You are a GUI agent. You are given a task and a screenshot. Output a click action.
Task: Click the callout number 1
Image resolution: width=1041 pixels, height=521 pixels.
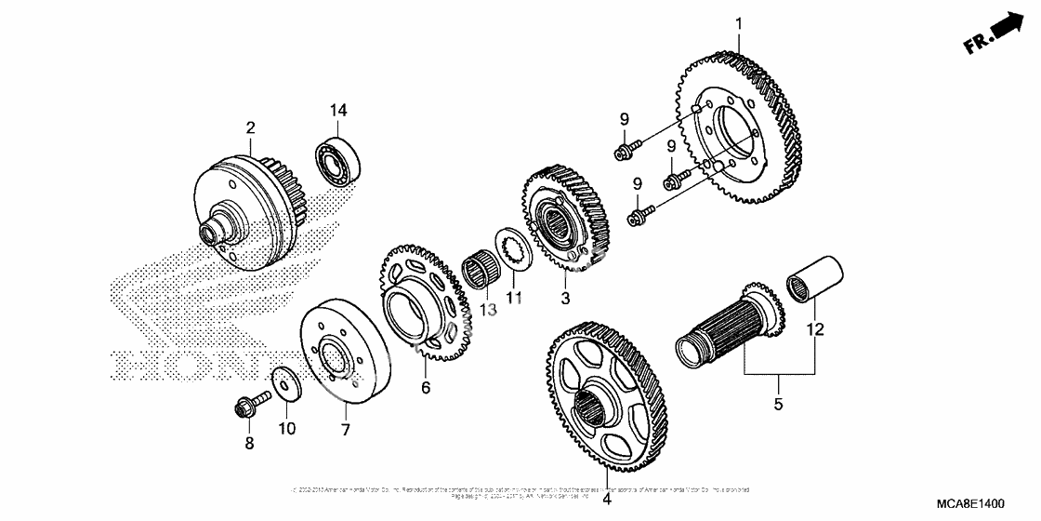(x=739, y=22)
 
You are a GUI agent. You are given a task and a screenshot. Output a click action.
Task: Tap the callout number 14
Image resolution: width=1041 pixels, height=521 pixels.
(x=337, y=111)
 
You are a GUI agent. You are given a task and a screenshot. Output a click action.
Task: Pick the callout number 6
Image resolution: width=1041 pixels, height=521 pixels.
(x=426, y=388)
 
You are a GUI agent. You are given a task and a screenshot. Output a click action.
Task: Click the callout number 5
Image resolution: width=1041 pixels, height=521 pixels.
(x=779, y=405)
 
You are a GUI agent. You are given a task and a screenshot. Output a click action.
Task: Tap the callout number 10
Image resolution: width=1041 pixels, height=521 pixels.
(x=287, y=429)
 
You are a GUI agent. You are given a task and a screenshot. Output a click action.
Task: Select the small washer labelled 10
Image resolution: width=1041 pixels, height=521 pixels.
(x=283, y=383)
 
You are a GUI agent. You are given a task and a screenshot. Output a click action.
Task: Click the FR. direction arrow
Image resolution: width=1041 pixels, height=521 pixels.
(x=992, y=33)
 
